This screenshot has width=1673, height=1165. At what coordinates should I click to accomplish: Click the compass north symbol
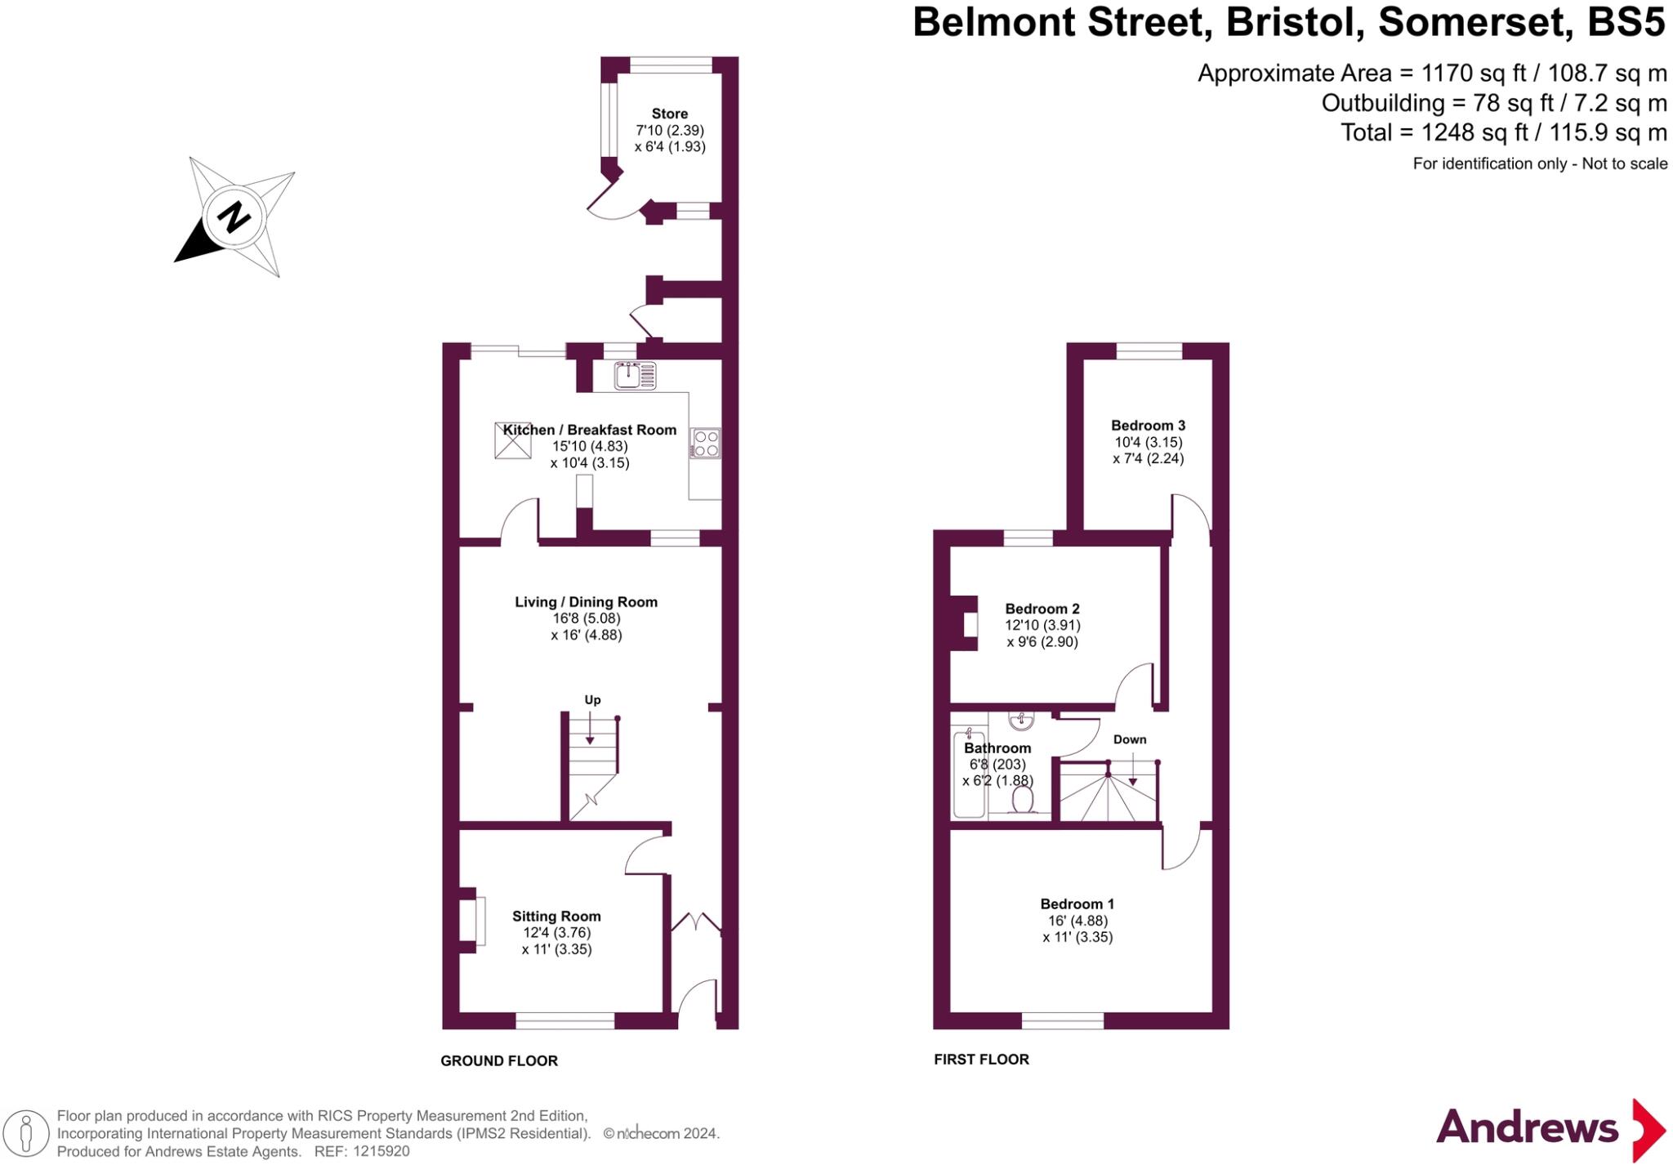tap(234, 217)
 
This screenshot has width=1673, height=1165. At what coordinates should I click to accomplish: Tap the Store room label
tap(669, 114)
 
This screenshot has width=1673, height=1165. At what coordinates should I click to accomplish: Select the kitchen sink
tap(635, 376)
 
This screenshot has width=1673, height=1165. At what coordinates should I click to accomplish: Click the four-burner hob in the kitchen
tap(705, 444)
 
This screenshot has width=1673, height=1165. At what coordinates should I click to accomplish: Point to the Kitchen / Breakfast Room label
tap(589, 430)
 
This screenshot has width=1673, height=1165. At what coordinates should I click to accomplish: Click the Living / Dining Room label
tap(586, 602)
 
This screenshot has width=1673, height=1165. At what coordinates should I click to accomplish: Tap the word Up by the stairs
tap(592, 699)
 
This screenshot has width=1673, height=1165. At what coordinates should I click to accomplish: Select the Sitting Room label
tap(556, 917)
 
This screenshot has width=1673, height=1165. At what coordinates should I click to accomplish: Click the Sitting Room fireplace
tap(473, 921)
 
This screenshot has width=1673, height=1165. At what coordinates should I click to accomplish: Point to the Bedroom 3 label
tap(1148, 425)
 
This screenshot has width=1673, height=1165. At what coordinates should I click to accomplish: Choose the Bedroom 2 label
tap(1042, 609)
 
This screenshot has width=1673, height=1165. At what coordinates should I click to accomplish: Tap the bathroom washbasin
tap(1021, 721)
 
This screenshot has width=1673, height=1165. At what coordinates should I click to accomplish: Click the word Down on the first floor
tap(1130, 739)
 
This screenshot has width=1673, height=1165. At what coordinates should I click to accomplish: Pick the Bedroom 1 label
tap(1077, 904)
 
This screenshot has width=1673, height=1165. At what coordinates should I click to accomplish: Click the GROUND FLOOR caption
tap(499, 1060)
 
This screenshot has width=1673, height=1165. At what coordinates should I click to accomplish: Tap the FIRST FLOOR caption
tap(981, 1060)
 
